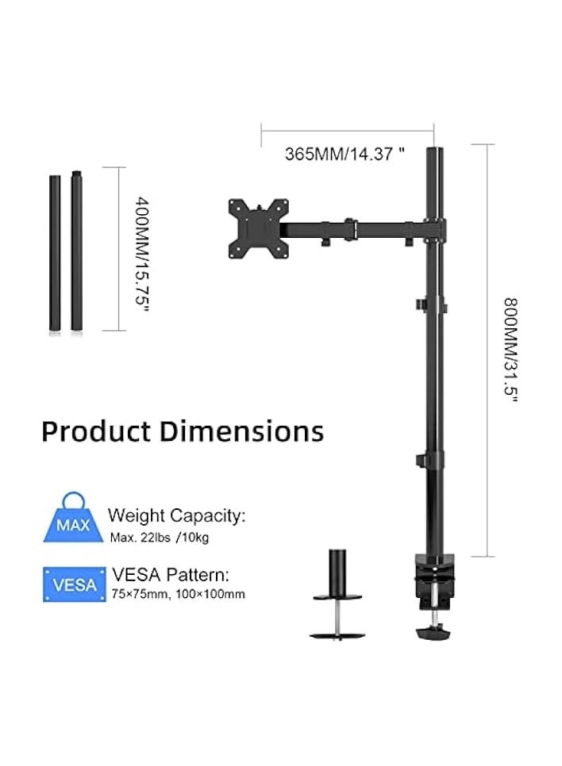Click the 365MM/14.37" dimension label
pyautogui.click(x=345, y=155)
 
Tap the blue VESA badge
pyautogui.click(x=75, y=584)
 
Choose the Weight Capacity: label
pyautogui.click(x=176, y=516)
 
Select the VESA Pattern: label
pyautogui.click(x=171, y=574)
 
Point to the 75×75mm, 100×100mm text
pyautogui.click(x=178, y=594)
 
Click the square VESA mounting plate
pyautogui.click(x=254, y=228)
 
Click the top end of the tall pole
pyautogui.click(x=433, y=152)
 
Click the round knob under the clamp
pyautogui.click(x=435, y=633)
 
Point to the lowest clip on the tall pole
pyautogui.click(x=433, y=461)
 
